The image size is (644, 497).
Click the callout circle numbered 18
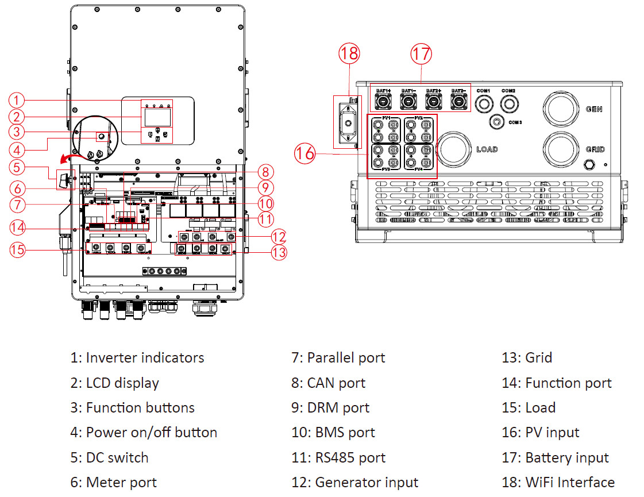point(349,55)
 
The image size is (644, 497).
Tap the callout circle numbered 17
point(421,55)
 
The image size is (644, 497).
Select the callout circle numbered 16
point(305,153)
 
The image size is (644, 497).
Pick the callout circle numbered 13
point(279,252)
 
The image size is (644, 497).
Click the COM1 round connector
point(484,104)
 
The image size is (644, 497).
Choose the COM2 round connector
point(508,104)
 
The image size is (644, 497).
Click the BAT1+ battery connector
point(383,102)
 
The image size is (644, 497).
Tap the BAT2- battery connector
point(458,102)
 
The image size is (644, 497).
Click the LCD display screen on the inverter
point(156,118)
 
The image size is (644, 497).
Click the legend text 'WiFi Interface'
point(570,482)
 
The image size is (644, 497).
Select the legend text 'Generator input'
point(367,482)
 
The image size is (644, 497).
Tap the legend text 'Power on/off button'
point(152,433)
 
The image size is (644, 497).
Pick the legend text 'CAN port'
point(336,383)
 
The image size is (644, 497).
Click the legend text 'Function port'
point(568,383)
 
